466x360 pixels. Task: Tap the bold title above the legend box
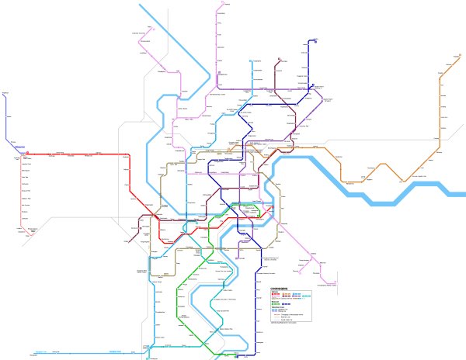pos(279,289)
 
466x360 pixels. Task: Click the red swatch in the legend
pos(273,296)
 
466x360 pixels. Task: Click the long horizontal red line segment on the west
pos(78,153)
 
